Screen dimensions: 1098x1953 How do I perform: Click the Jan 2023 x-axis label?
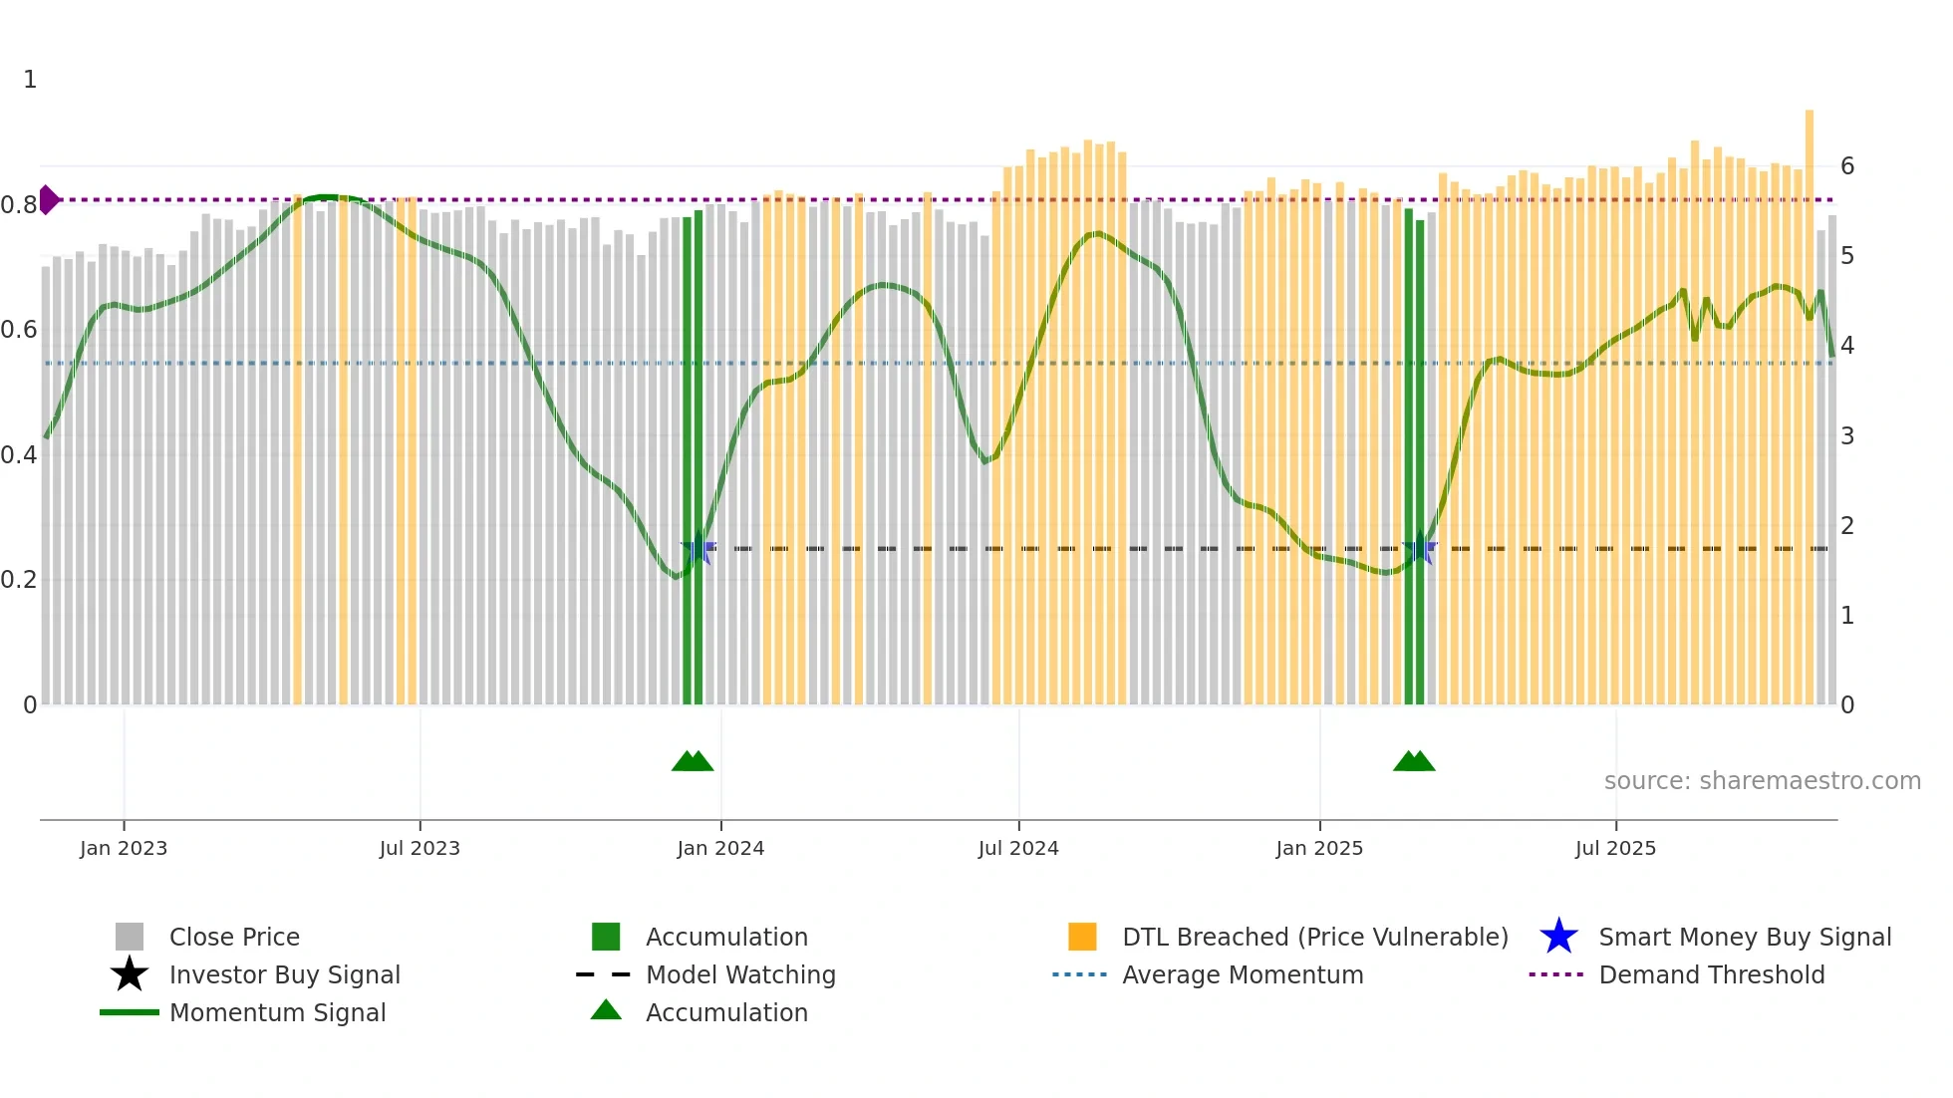click(124, 848)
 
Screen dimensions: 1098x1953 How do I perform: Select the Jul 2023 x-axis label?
click(419, 848)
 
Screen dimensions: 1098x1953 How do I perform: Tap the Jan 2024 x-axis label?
click(720, 848)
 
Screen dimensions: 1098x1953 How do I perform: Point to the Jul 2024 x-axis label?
click(1018, 848)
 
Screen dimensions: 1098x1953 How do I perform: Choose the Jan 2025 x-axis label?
click(1319, 848)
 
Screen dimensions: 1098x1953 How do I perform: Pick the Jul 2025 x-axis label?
click(1615, 848)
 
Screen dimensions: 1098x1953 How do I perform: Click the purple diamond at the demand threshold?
click(48, 199)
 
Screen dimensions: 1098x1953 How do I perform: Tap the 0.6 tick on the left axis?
click(19, 330)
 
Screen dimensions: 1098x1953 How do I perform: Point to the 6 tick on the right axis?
click(1847, 166)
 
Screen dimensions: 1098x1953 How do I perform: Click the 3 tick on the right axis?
click(1847, 435)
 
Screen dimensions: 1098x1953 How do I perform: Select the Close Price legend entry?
click(234, 937)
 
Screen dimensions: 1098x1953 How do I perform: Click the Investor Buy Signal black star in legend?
click(130, 974)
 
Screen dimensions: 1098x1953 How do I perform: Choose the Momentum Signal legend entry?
click(277, 1012)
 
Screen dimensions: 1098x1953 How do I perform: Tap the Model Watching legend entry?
click(740, 974)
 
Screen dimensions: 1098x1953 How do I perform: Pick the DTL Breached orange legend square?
click(1082, 937)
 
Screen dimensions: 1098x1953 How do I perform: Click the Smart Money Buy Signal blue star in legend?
click(1558, 937)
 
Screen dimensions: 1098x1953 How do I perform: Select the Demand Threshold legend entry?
click(1711, 974)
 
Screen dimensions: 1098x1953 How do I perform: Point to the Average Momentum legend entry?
click(1243, 974)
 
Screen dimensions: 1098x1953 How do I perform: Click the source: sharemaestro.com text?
click(1762, 781)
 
